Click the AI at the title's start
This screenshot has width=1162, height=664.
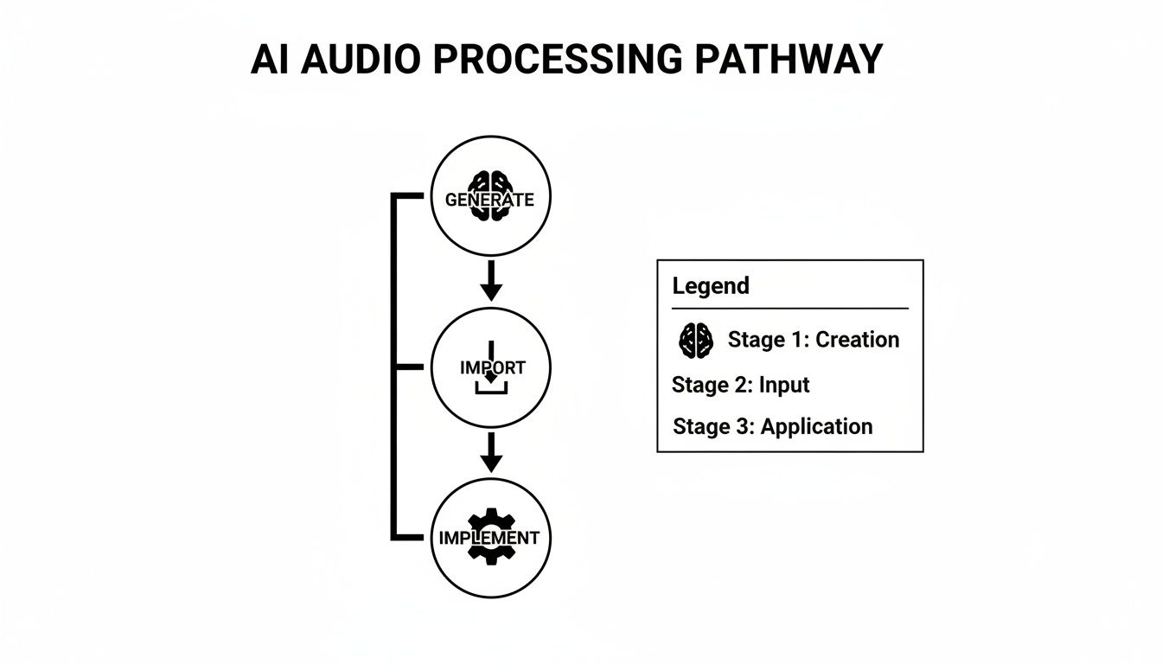[269, 60]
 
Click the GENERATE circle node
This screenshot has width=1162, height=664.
[490, 197]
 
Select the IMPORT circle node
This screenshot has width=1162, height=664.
[490, 367]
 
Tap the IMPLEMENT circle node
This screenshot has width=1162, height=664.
[490, 536]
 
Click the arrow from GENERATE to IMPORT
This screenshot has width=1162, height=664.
[490, 280]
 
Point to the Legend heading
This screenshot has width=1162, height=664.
[711, 286]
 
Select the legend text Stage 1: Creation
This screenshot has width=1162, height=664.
[813, 340]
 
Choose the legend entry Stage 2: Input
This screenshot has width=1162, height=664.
[740, 385]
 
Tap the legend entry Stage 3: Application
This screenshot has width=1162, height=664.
[772, 426]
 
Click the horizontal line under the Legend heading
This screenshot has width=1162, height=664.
[789, 309]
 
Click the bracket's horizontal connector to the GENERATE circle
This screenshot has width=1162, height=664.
[412, 197]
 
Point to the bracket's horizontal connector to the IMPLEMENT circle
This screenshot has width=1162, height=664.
[412, 537]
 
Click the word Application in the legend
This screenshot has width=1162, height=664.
[816, 426]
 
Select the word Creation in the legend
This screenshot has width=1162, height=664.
[857, 340]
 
